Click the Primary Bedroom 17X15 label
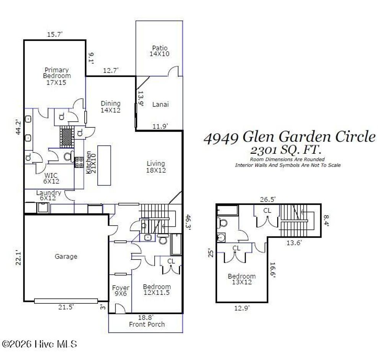[x=57, y=76]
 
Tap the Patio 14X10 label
[x=160, y=51]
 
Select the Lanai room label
[x=160, y=104]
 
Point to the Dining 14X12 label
[x=111, y=107]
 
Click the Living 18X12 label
[x=156, y=167]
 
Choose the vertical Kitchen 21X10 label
[x=89, y=163]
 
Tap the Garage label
[x=66, y=257]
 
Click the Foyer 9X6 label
[x=120, y=291]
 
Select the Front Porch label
[x=147, y=324]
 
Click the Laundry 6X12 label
[x=49, y=195]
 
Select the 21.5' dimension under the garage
[x=66, y=306]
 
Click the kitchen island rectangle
[x=103, y=165]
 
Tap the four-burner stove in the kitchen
[x=79, y=162]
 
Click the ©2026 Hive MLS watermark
[x=39, y=344]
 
